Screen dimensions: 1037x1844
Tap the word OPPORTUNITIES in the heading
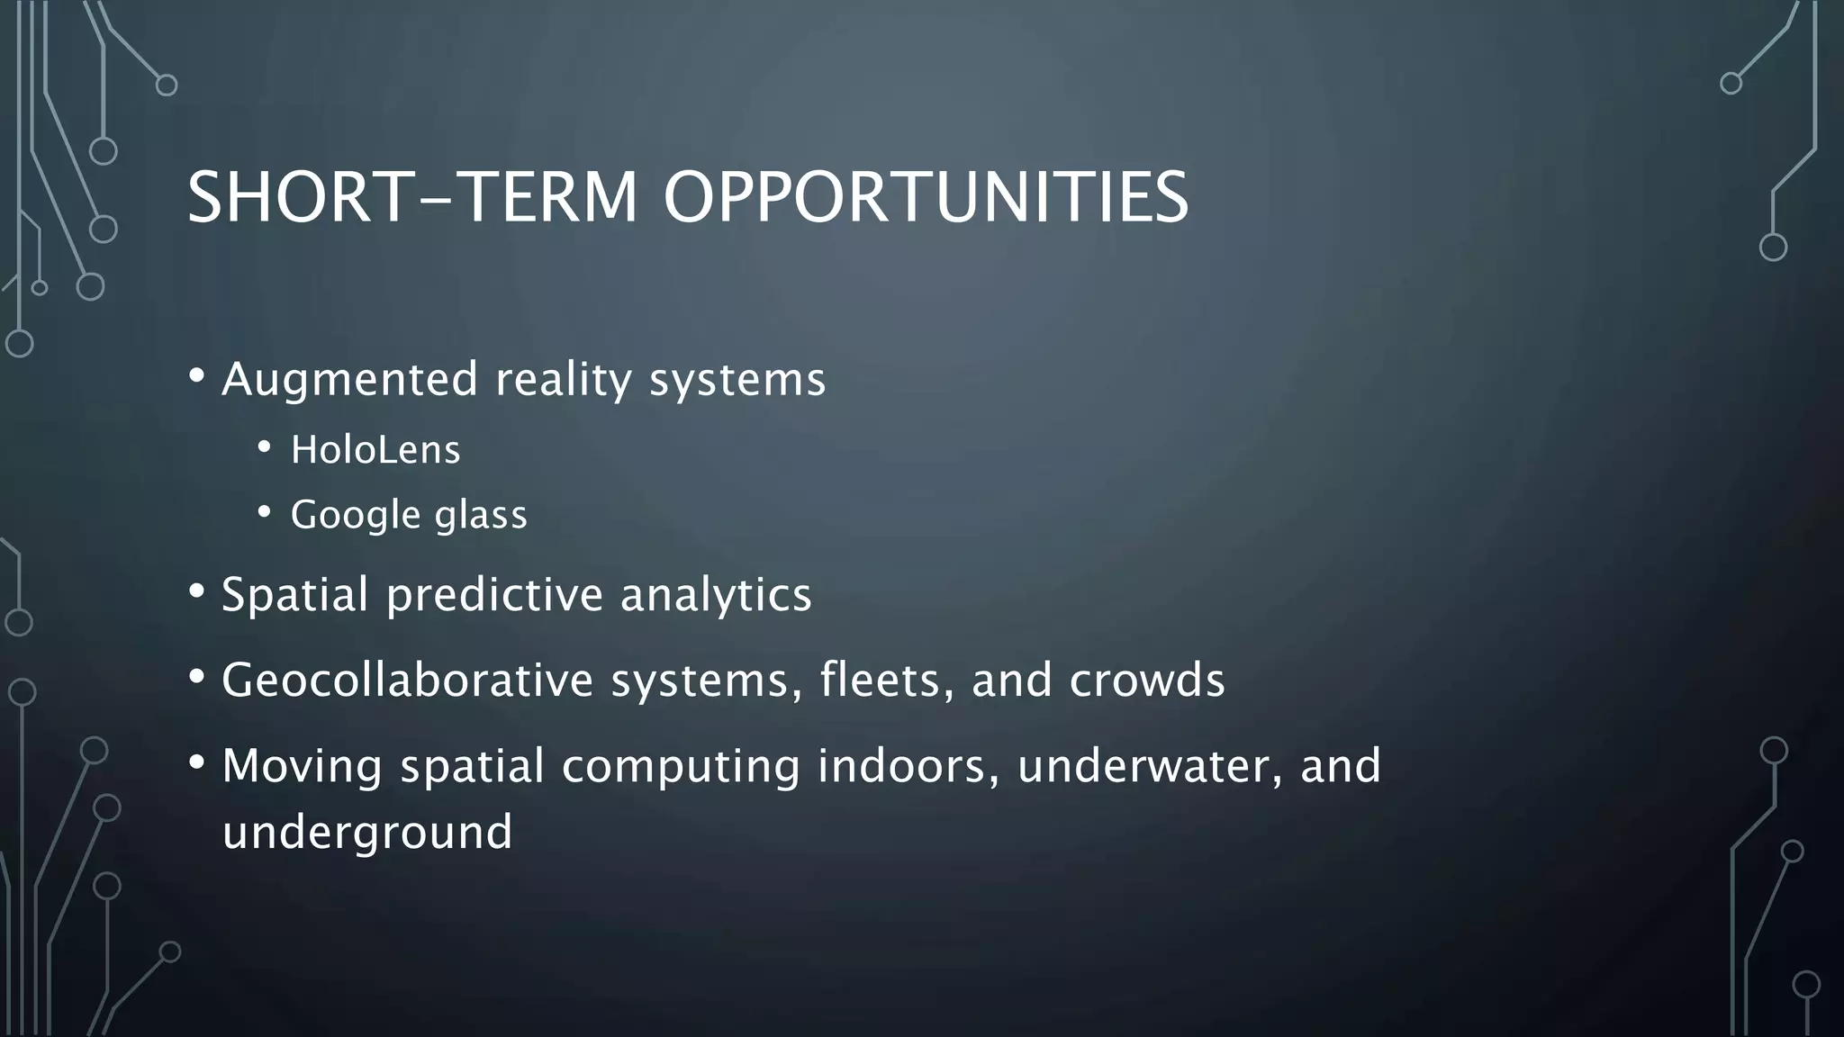[x=926, y=197]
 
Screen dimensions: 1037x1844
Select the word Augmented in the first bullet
[x=349, y=379]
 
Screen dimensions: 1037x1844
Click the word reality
[x=564, y=379]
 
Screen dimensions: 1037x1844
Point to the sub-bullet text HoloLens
[x=375, y=449]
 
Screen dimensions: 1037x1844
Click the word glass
[x=481, y=515]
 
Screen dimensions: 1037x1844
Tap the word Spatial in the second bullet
[x=294, y=595]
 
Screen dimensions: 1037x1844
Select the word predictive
[x=494, y=595]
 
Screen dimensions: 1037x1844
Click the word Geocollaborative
[x=407, y=680]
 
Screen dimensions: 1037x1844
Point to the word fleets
[x=886, y=680]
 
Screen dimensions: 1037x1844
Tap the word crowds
[x=1147, y=680]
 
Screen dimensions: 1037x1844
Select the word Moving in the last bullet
[x=302, y=766]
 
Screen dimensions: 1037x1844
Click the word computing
[x=681, y=766]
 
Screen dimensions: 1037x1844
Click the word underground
[x=367, y=832]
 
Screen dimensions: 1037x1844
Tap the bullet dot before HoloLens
[x=264, y=447]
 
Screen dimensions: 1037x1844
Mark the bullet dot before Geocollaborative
[x=197, y=678]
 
